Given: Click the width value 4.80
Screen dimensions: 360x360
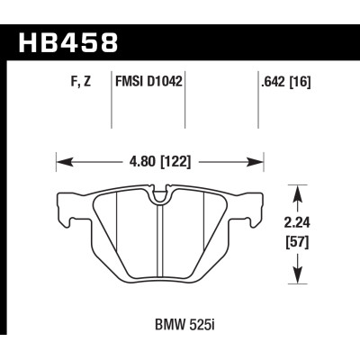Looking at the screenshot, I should click(x=140, y=164).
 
